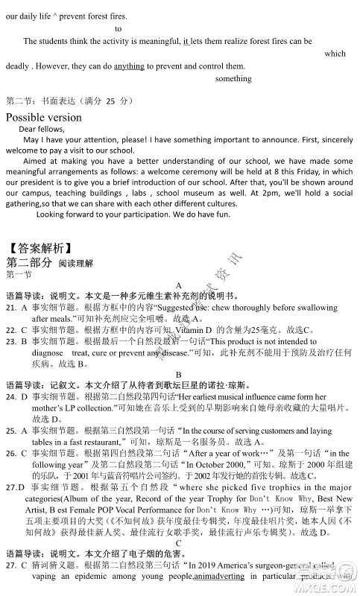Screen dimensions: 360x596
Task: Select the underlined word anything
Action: [x=129, y=66]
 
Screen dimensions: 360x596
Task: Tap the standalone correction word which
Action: [x=335, y=54]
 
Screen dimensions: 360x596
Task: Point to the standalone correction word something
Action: [x=233, y=78]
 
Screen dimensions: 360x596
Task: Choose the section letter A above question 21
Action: [x=179, y=285]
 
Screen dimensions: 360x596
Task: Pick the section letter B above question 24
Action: [x=179, y=375]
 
